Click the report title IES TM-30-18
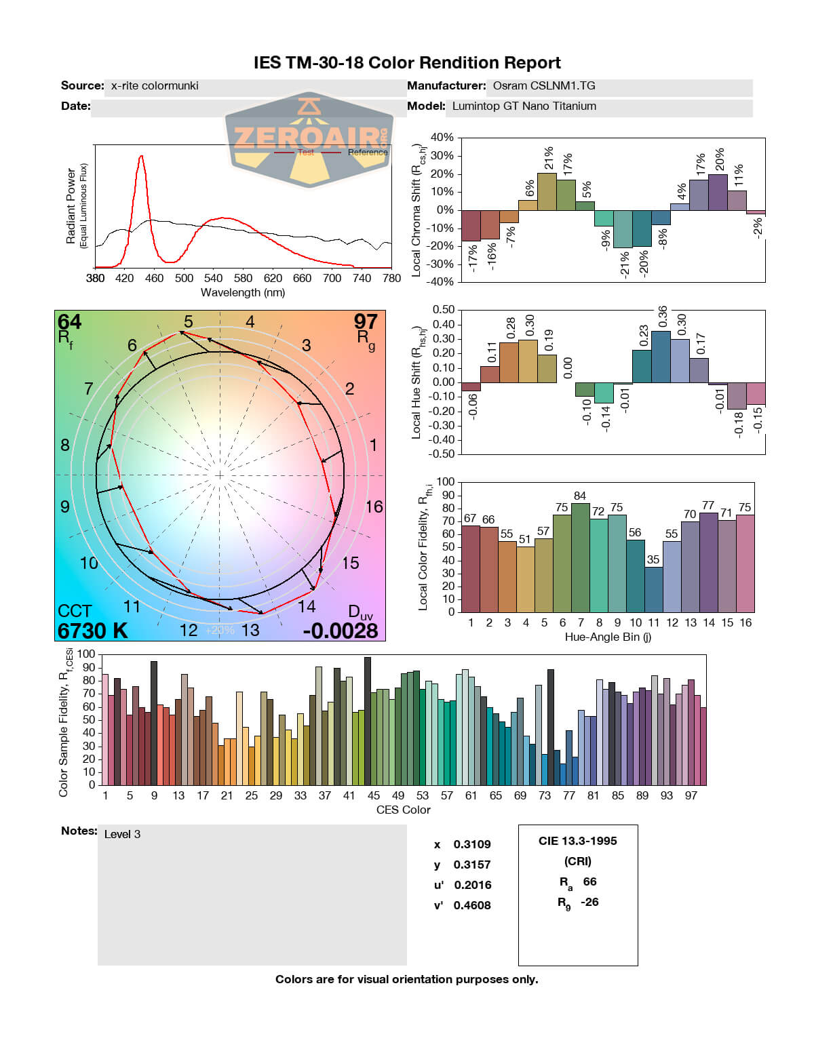pos(407,63)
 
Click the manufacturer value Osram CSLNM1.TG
pos(544,86)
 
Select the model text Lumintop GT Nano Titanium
pos(524,106)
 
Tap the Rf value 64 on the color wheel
pos(69,321)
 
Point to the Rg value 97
pos(366,321)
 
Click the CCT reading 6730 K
pos(93,631)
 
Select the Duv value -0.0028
pos(341,631)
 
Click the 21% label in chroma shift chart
pos(548,158)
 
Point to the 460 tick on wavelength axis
pos(154,278)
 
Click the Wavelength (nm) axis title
pos(243,293)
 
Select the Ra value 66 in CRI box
pos(589,881)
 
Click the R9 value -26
pos(589,902)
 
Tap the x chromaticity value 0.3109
pos(472,844)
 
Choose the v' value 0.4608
pos(472,905)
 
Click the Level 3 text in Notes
pos(122,834)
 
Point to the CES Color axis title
pos(403,810)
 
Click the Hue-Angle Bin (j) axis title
pos(608,637)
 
